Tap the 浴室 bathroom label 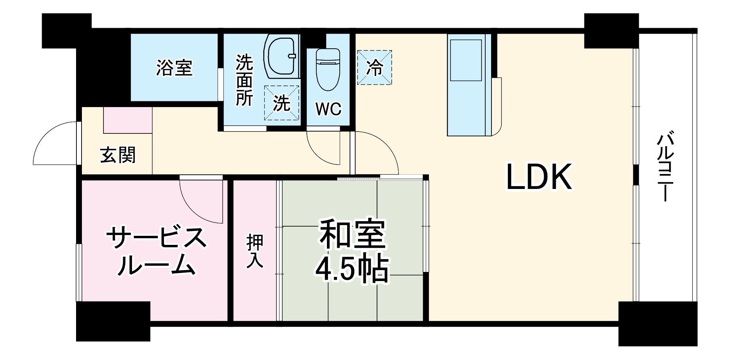click(x=174, y=68)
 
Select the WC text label click(x=328, y=109)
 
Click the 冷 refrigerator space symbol click(x=374, y=68)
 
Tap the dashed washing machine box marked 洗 click(x=282, y=103)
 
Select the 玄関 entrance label click(x=118, y=155)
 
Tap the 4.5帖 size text click(x=351, y=270)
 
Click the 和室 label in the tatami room click(x=352, y=234)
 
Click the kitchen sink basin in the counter click(x=466, y=60)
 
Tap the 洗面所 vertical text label click(x=244, y=80)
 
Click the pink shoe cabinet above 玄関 click(x=128, y=120)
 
